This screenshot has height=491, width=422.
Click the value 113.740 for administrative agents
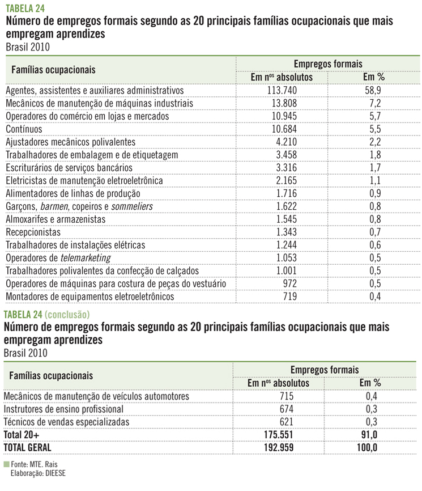281,91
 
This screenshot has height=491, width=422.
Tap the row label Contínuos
23,129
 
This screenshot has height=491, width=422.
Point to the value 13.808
281,104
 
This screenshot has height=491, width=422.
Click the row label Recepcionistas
38,232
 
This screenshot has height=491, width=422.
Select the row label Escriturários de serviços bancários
69,168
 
